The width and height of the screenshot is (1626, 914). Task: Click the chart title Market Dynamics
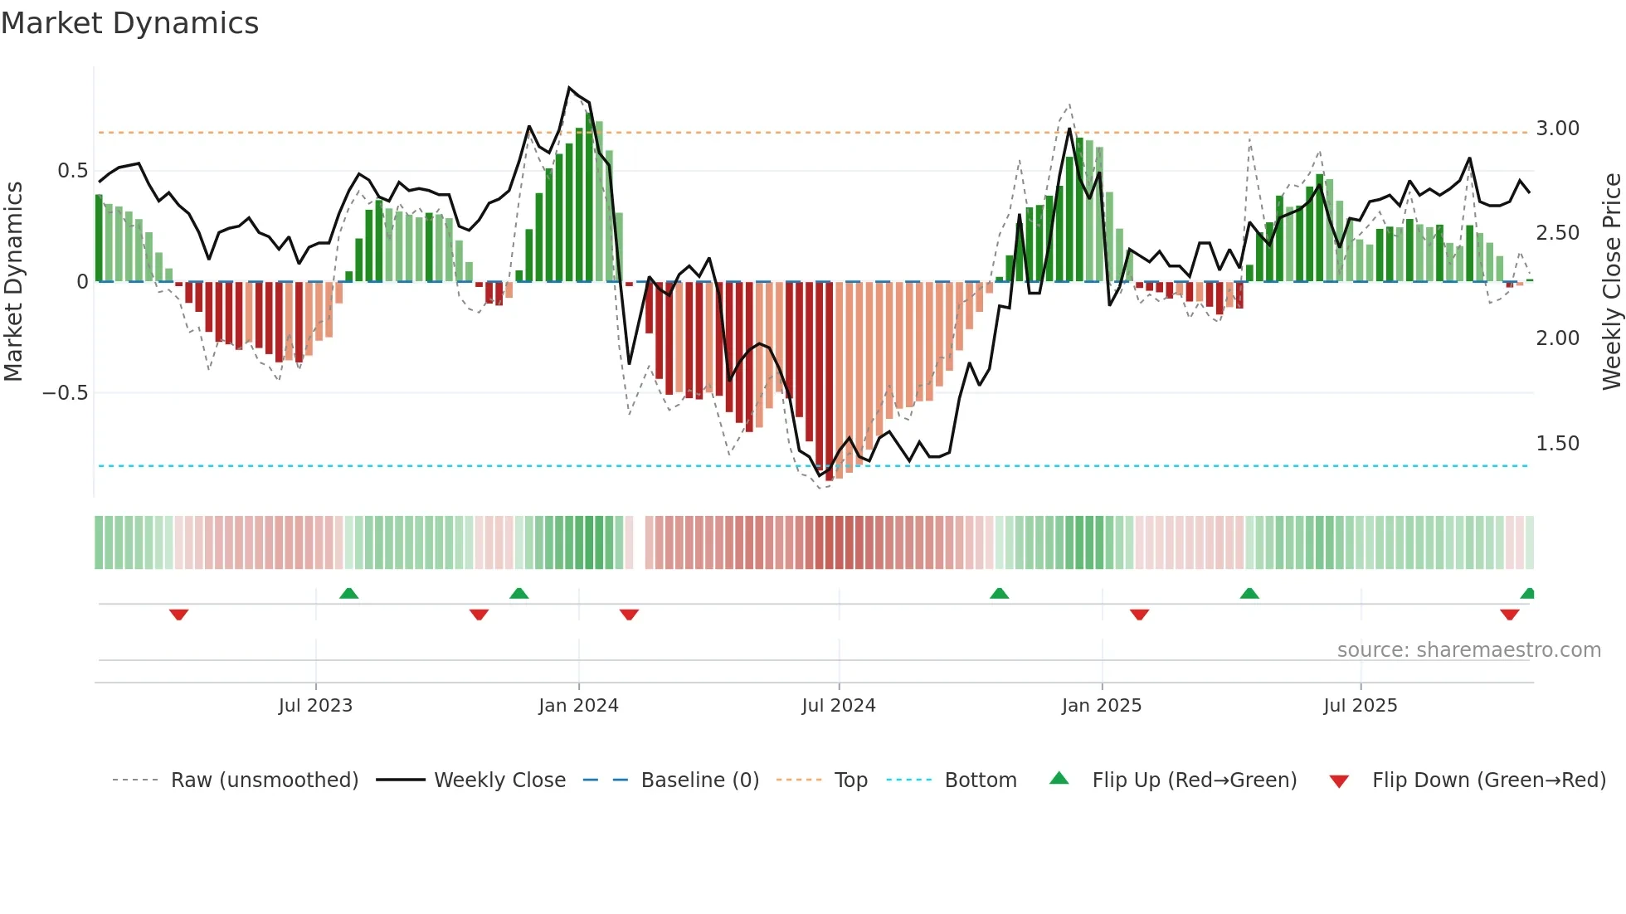130,23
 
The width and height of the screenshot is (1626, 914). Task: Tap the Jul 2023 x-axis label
315,706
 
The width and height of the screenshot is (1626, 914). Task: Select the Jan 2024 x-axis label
578,706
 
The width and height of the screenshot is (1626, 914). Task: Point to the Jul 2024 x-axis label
839,706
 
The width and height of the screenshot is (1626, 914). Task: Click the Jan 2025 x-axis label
1102,706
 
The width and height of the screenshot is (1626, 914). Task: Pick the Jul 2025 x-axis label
1361,706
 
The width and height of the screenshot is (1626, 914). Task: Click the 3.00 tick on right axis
1557,129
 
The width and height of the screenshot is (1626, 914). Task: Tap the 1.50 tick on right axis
1557,444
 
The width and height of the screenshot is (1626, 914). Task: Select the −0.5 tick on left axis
66,393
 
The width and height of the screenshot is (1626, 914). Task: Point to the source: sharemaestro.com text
1468,650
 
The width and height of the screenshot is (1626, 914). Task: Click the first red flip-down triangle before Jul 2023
178,615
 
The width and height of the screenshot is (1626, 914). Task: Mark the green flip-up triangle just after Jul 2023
348,593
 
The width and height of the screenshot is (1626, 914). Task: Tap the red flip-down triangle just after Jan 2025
1139,615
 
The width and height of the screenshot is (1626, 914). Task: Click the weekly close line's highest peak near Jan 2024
569,87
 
